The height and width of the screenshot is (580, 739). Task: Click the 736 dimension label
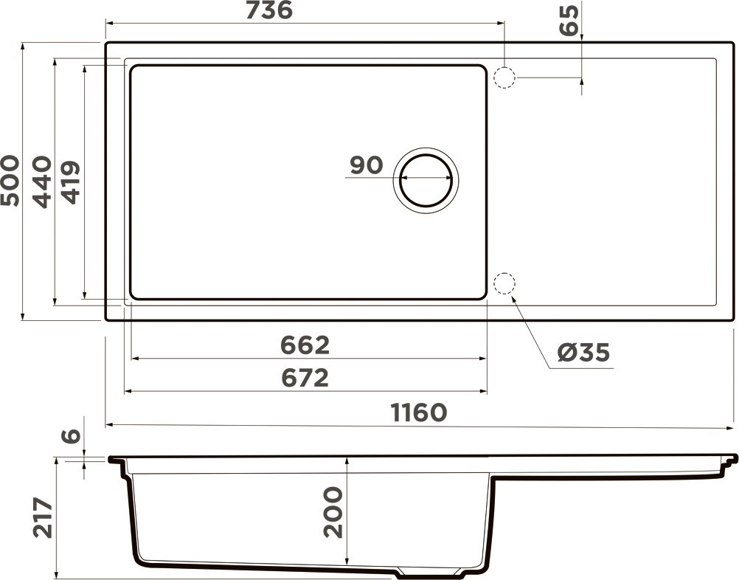click(270, 10)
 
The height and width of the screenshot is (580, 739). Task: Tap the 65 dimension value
click(569, 20)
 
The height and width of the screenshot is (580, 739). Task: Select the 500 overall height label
click(10, 181)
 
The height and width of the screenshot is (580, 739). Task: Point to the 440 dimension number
click(42, 182)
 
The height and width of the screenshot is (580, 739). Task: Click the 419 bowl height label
click(70, 182)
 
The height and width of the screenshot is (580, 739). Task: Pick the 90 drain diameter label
click(367, 165)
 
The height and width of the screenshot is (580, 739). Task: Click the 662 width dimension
click(305, 345)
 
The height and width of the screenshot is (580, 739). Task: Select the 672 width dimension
click(305, 378)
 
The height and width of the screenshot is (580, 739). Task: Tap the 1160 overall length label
click(418, 413)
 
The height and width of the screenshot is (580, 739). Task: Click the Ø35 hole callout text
click(583, 352)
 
